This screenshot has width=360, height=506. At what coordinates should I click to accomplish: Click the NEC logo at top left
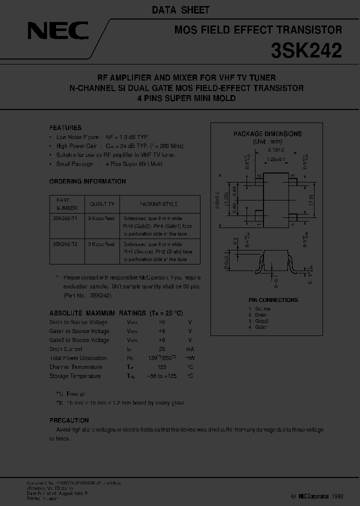58,32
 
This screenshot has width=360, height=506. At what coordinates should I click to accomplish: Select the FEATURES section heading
65,127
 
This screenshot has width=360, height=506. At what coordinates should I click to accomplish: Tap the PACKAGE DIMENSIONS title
267,134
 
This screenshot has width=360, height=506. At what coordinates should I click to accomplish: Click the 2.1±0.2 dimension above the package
275,149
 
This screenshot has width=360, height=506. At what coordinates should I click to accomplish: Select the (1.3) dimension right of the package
311,197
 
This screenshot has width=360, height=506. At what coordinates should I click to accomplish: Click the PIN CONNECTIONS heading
273,300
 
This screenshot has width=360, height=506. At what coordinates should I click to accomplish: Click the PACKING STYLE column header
158,204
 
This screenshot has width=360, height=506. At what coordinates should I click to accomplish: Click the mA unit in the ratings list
189,349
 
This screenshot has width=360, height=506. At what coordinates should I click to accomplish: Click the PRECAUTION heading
69,420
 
